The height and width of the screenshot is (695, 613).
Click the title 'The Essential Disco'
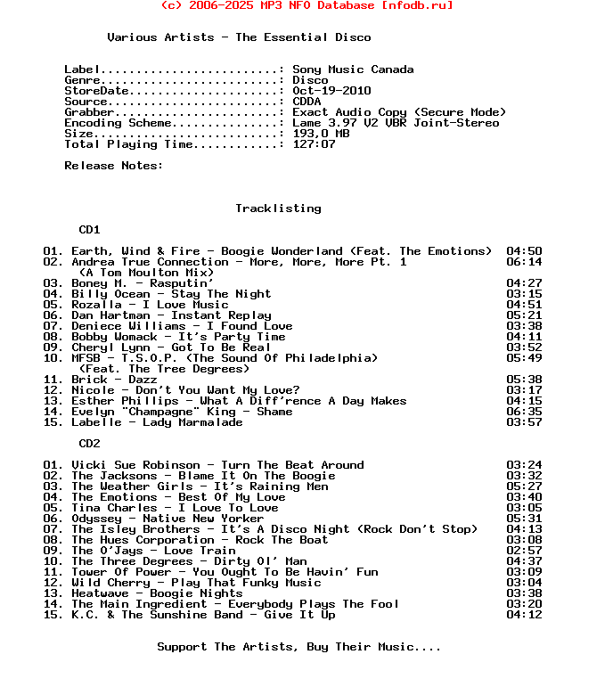(x=303, y=37)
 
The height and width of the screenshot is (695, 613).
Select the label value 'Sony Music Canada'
(x=353, y=69)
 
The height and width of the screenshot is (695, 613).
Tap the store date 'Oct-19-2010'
(x=331, y=91)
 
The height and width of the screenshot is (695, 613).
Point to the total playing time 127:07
(x=314, y=144)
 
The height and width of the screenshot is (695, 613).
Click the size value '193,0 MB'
(x=321, y=134)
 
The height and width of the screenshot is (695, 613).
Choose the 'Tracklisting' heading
(x=278, y=208)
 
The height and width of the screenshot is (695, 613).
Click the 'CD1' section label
(x=89, y=230)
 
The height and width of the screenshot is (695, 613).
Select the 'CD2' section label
(x=89, y=444)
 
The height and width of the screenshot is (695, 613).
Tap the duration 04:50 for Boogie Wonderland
(x=524, y=251)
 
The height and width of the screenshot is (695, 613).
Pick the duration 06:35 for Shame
(x=524, y=412)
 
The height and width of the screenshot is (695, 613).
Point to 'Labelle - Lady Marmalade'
(x=157, y=422)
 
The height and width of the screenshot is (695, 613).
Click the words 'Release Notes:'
(x=114, y=166)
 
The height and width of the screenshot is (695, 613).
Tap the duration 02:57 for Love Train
(x=524, y=551)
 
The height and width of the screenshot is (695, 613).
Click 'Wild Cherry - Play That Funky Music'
(x=196, y=583)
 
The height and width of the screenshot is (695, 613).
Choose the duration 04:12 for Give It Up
(x=524, y=615)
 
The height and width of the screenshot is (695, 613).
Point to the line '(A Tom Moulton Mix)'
(x=146, y=273)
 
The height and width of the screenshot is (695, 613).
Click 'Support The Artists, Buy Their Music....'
(x=298, y=647)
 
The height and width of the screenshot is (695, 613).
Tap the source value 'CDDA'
(x=306, y=102)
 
